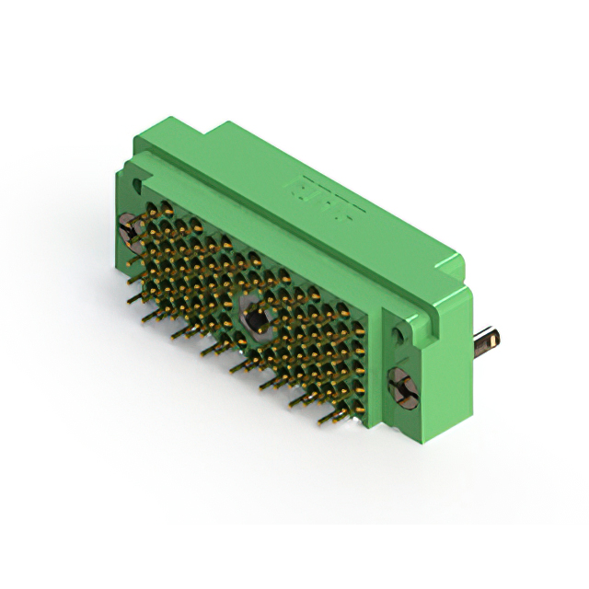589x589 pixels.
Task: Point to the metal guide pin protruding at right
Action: [488, 341]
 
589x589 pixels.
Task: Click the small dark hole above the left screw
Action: [141, 190]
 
